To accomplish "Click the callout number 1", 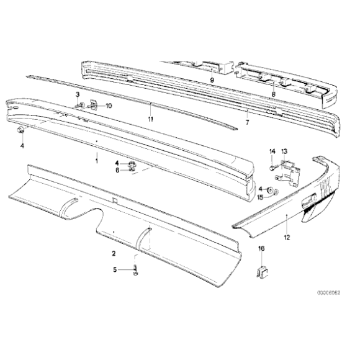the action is click(x=97, y=161).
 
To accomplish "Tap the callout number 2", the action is click(x=114, y=253).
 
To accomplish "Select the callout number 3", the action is click(x=78, y=94).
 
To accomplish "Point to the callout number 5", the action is click(x=115, y=269).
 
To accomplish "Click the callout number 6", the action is click(x=117, y=170).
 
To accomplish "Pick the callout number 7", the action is click(x=247, y=122).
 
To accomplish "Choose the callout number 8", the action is click(x=274, y=94).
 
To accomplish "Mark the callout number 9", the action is click(x=212, y=80).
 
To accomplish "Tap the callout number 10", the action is click(x=109, y=106).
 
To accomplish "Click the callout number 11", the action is click(x=150, y=119).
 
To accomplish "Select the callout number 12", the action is click(x=287, y=237).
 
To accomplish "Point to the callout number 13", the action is click(x=284, y=151).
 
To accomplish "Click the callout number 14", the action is click(x=272, y=151).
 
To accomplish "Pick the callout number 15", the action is click(x=260, y=197).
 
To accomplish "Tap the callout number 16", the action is click(x=261, y=248).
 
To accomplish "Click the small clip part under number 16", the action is click(x=263, y=272).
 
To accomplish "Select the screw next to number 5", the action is click(x=135, y=270).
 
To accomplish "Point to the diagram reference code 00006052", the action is click(x=329, y=293).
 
